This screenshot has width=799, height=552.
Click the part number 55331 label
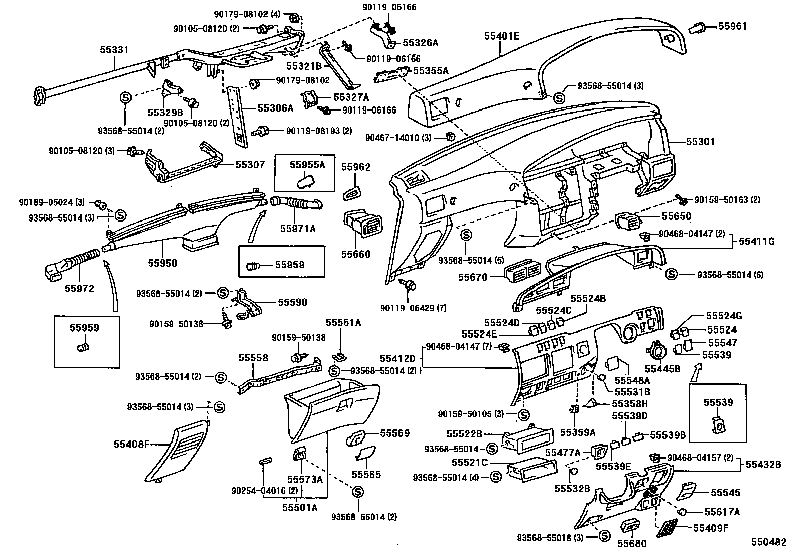pos(114,50)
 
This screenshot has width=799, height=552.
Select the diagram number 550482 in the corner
pos(768,542)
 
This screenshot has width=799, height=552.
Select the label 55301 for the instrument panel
pos(700,142)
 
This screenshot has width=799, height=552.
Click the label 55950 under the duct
pos(162,263)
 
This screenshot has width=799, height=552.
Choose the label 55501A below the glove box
pos(300,507)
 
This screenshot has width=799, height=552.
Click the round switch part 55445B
pos(658,349)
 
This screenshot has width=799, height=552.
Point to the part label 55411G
pos(757,242)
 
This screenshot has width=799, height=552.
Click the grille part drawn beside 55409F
pos(667,527)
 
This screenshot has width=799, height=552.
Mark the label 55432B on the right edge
pos(763,465)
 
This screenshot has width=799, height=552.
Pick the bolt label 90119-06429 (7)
pos(413,308)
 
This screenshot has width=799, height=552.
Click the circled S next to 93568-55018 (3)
pos(604,537)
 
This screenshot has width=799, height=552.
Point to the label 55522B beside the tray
pos(464,433)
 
